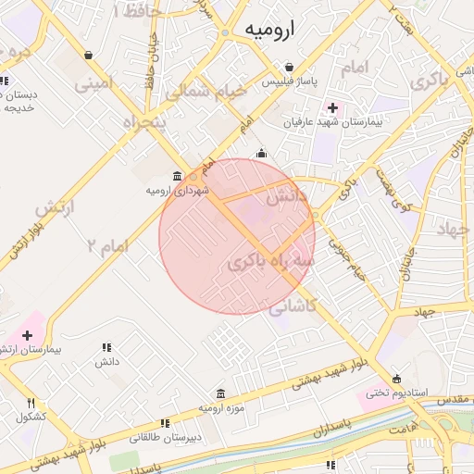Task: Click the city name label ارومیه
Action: coord(269,31)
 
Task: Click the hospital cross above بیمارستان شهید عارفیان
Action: coord(332,107)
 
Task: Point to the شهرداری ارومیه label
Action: coord(177,190)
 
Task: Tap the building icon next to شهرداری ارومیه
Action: coord(177,176)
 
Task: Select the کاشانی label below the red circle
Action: coord(294,306)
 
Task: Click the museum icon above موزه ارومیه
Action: coord(220,393)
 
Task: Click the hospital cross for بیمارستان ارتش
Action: coord(27,334)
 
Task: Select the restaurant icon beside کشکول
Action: coord(31,403)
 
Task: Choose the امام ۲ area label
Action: coord(105,245)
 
